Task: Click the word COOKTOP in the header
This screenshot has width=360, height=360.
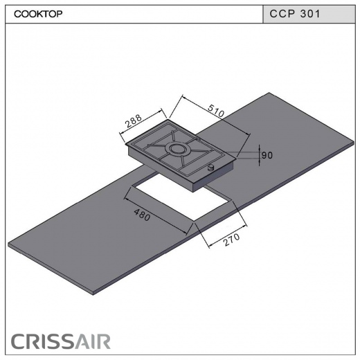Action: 38,14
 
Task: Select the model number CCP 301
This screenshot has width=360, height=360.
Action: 295,14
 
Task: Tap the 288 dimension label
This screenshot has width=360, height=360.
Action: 134,120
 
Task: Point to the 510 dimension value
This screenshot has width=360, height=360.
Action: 216,111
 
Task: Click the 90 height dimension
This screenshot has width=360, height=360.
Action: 267,155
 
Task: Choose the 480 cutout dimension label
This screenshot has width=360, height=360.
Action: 142,215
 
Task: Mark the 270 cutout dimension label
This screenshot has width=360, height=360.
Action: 231,240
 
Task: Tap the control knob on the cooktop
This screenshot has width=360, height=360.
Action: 211,167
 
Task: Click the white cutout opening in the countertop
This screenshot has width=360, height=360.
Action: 182,199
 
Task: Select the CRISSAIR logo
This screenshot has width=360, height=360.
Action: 61,341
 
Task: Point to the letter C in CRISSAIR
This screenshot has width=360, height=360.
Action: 17,341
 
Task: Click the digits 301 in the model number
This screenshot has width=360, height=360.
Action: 310,14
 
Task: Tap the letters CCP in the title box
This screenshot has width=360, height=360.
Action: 282,14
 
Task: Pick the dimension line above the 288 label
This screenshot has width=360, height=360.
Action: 141,121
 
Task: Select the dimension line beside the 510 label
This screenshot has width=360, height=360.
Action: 216,115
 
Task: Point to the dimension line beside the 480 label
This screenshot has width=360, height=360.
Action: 156,216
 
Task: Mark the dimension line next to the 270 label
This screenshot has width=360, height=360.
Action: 228,237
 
